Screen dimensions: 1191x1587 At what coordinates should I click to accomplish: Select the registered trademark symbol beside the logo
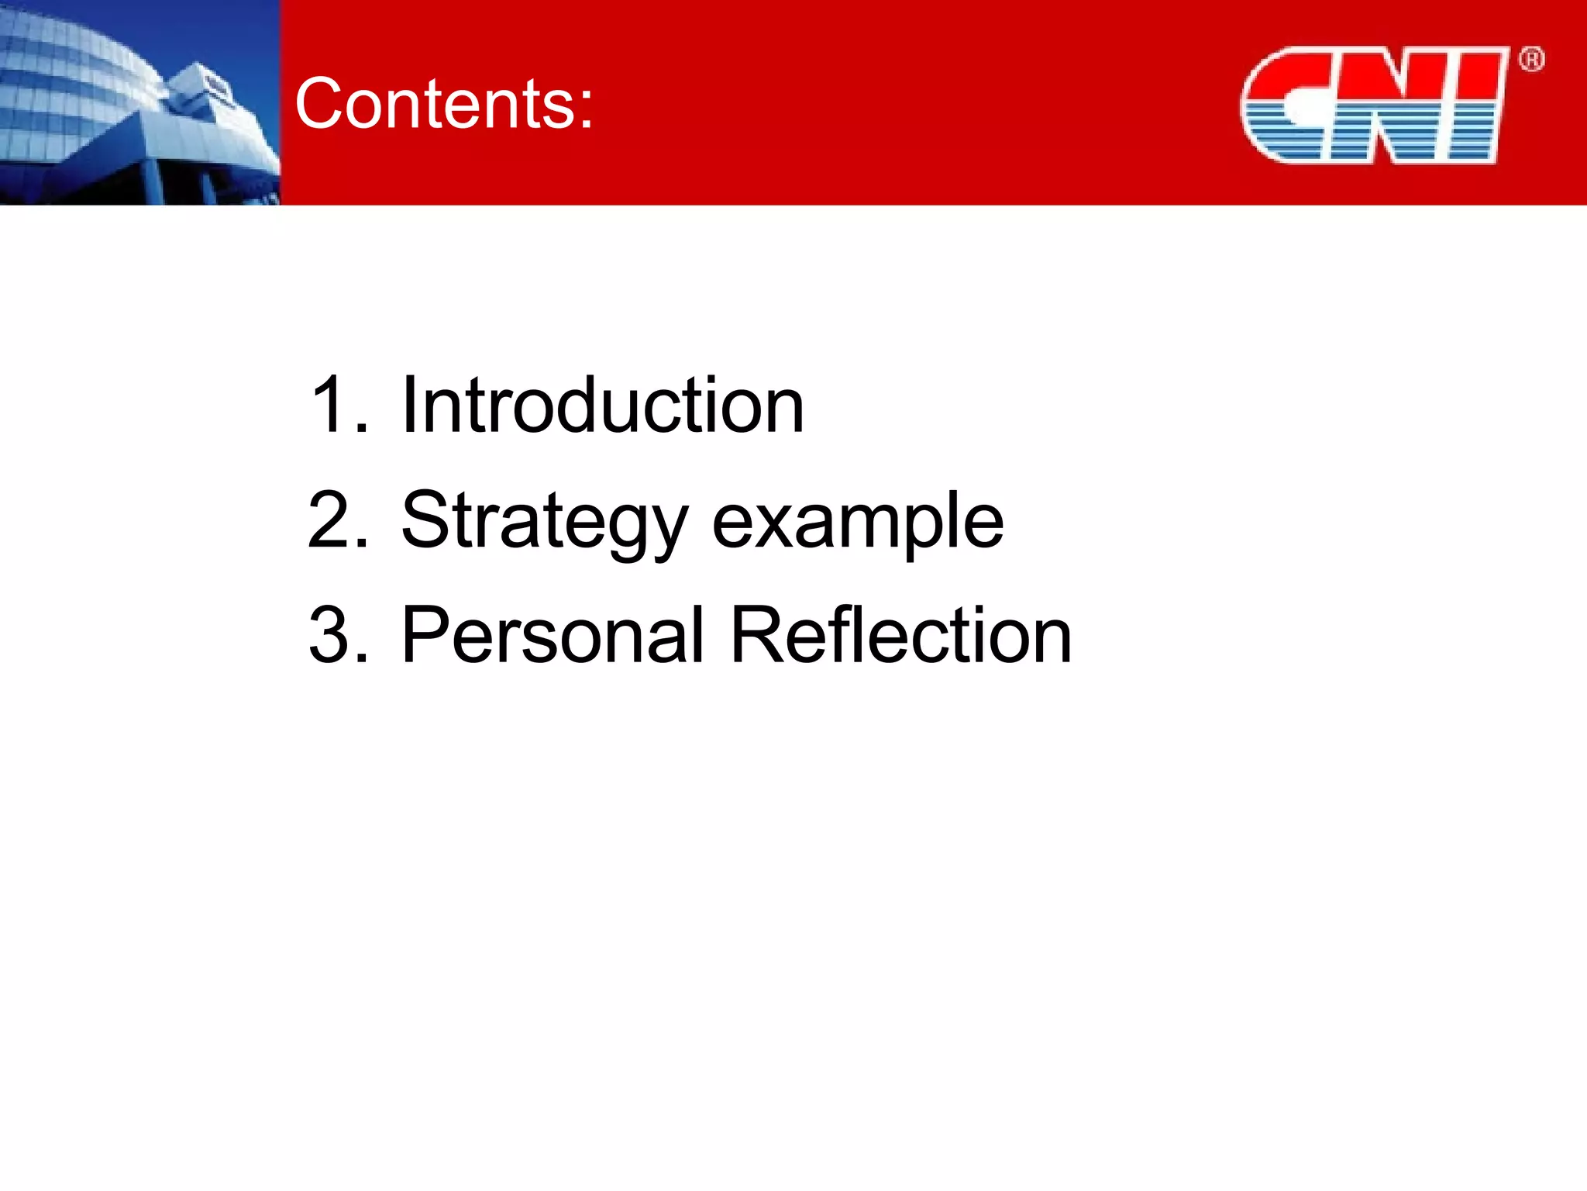(1531, 60)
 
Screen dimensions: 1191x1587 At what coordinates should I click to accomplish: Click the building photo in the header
(139, 102)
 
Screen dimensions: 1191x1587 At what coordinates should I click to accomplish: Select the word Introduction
(602, 405)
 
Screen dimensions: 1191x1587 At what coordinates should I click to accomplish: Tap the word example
(857, 521)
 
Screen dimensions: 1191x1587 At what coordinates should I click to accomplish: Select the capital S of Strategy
(426, 520)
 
